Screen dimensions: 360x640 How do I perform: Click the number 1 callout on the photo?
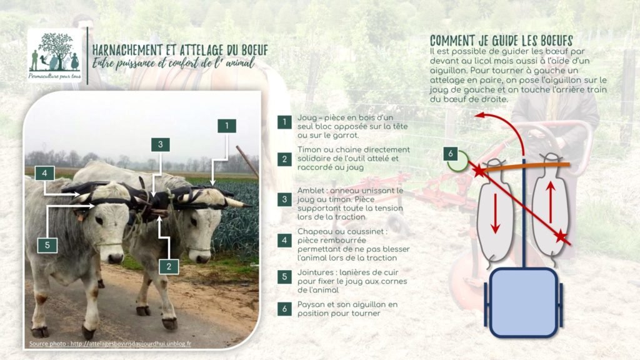(227, 125)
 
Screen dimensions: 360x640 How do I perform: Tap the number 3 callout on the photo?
(161, 144)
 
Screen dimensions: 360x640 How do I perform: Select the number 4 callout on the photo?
(44, 172)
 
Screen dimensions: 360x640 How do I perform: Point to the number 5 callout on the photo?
(47, 246)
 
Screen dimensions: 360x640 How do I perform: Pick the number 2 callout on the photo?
(168, 266)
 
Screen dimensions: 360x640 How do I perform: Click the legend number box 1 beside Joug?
(284, 122)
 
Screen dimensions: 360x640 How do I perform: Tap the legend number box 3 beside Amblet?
(284, 199)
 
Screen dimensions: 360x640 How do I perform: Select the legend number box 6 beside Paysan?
(284, 308)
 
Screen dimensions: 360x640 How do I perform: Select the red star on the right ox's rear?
(562, 236)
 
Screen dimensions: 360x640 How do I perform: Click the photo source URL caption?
(110, 343)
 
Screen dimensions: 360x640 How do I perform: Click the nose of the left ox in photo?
(117, 256)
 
